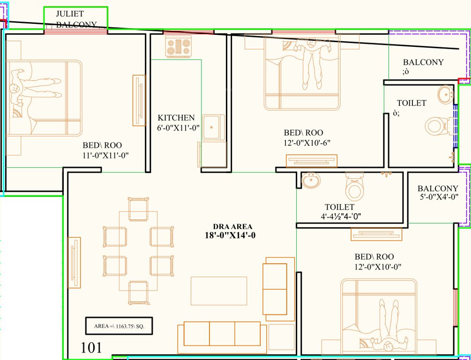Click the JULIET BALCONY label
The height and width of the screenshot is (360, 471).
coord(76,19)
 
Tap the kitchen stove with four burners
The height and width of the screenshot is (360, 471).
coord(178,46)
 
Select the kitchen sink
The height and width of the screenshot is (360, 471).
coord(213,127)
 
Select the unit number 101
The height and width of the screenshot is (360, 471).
coord(91,347)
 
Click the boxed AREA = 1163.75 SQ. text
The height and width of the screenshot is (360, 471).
coord(119,326)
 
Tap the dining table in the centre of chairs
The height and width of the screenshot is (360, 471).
coord(138,251)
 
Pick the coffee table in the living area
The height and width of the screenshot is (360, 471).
coord(218,291)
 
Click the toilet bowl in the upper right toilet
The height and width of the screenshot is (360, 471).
coord(436,126)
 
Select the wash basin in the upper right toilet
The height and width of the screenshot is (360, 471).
coord(445,95)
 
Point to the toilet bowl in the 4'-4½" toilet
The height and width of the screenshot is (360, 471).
coord(354,187)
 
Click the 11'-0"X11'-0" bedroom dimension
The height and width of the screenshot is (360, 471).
coord(105,155)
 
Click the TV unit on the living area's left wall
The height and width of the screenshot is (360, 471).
coord(74,262)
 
